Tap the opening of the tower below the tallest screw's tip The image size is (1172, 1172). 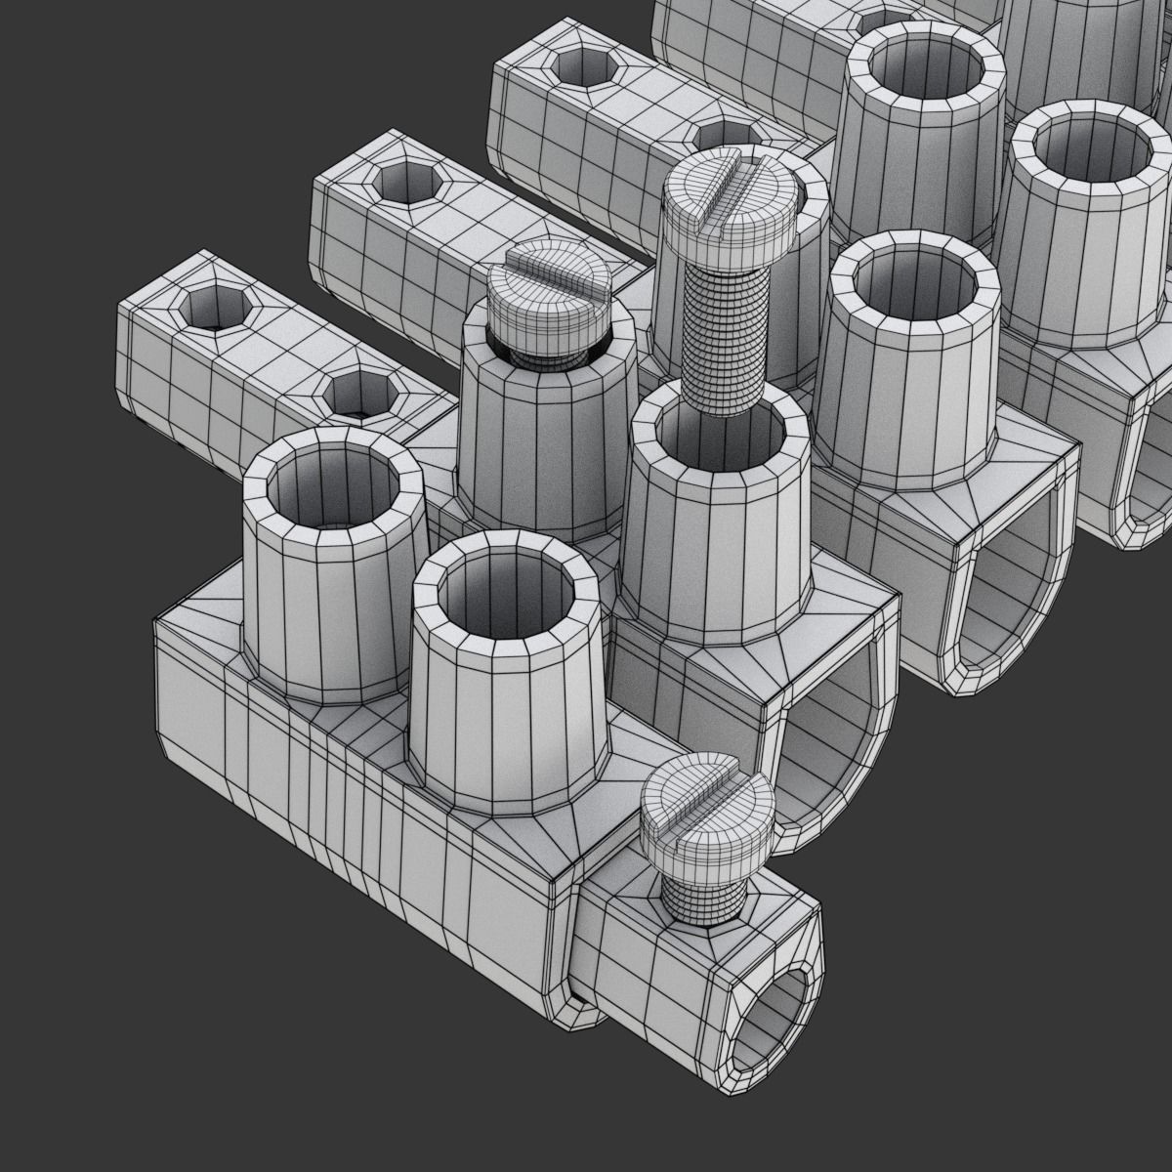[718, 439]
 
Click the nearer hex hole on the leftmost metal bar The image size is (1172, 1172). [357, 396]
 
